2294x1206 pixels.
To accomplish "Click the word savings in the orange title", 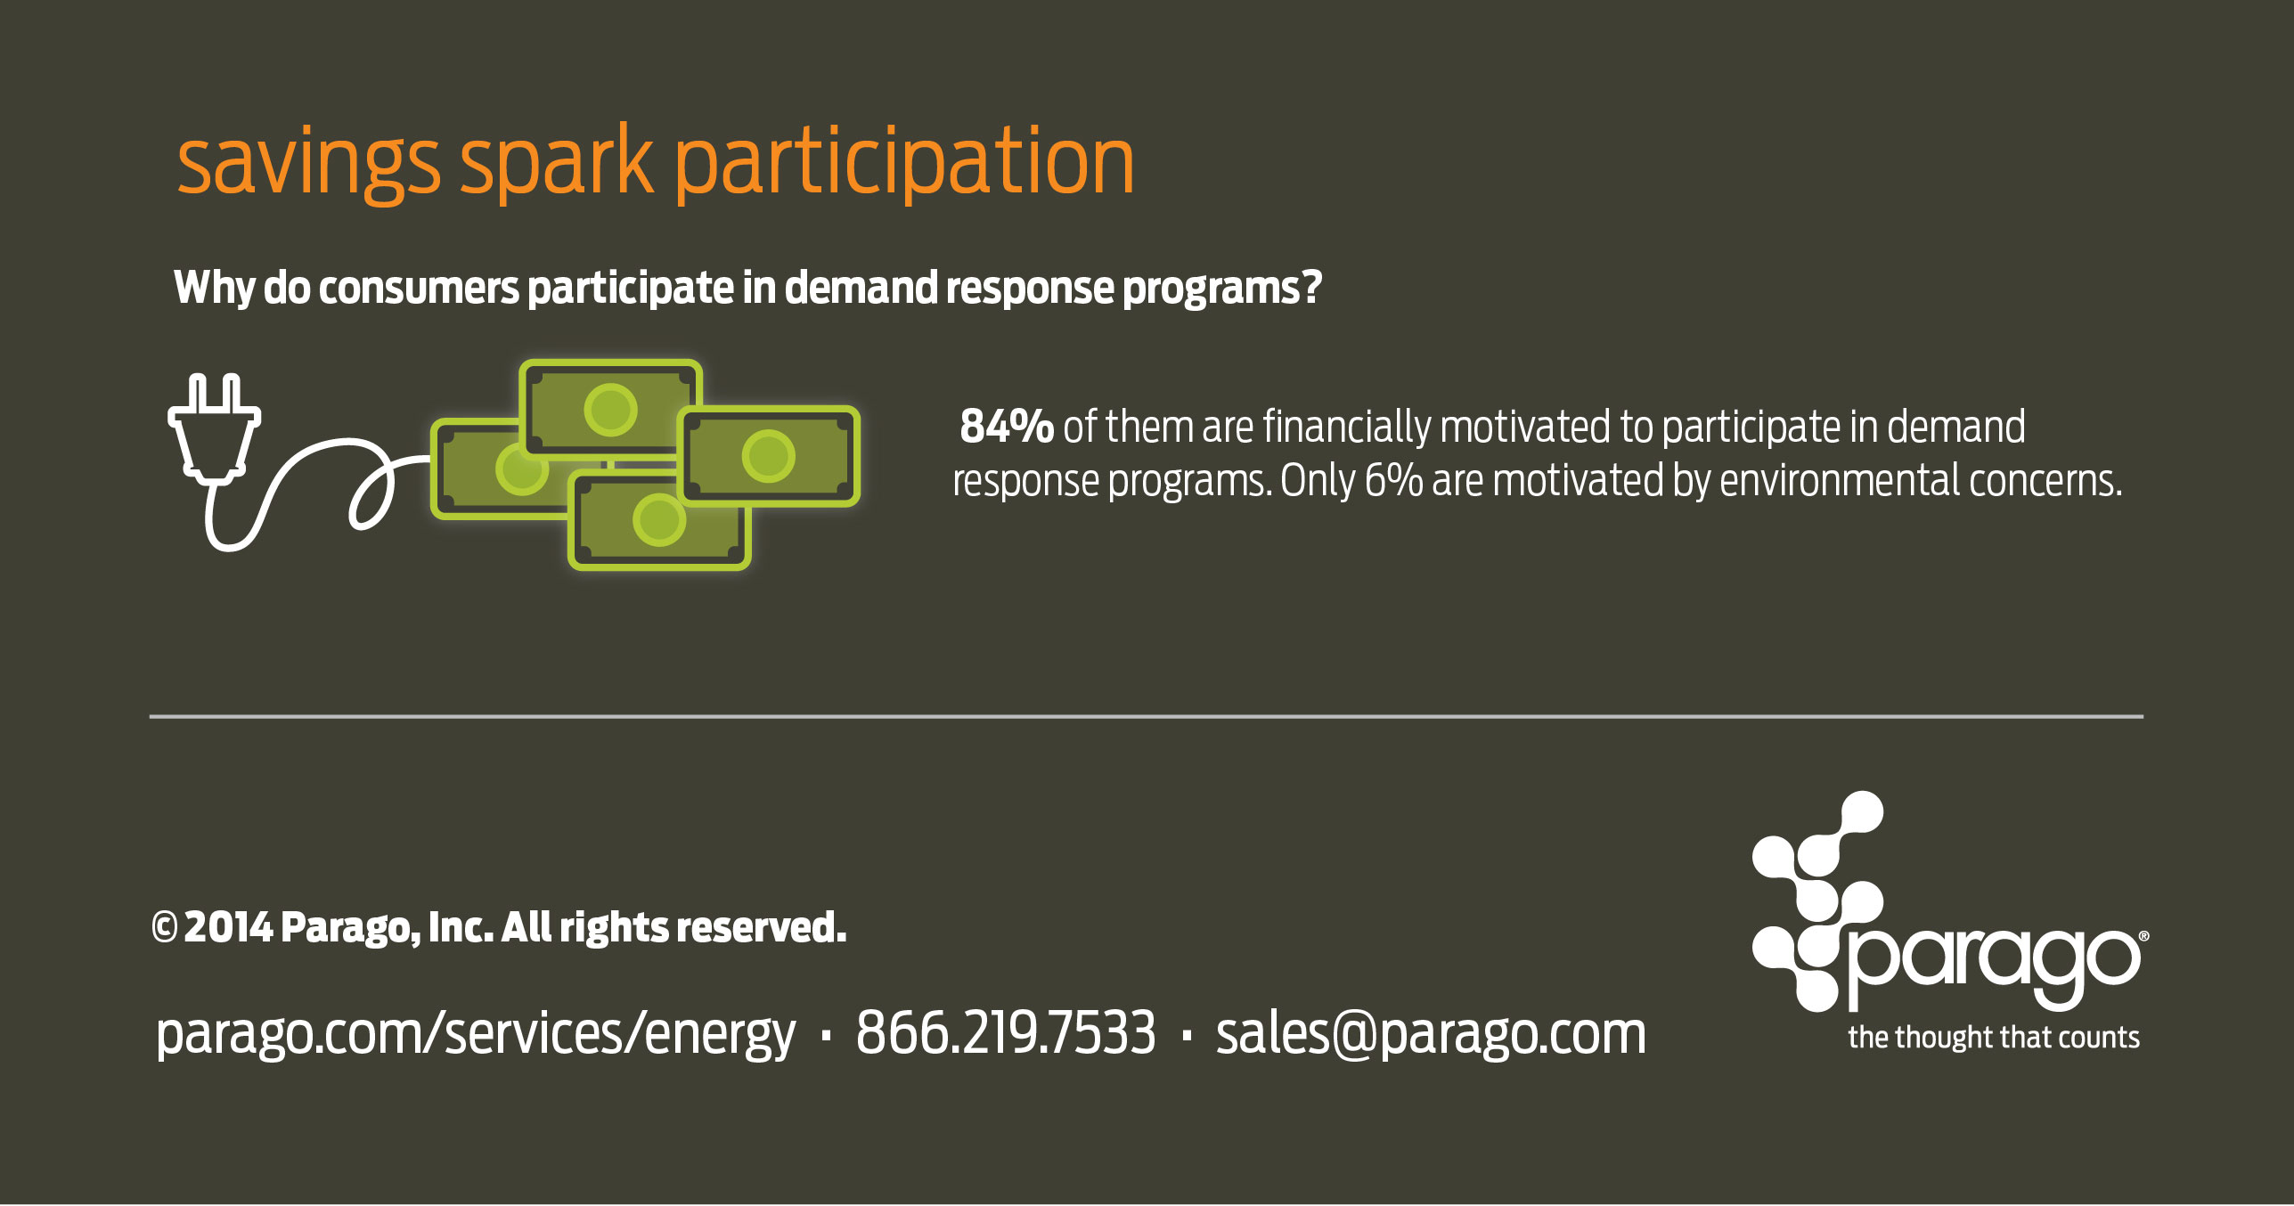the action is (308, 163).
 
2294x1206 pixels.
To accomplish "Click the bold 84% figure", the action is (1007, 427).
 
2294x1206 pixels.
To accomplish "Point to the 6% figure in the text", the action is (1393, 481).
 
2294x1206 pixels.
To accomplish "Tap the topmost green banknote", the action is (610, 409).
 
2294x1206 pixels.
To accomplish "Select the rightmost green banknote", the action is (769, 456).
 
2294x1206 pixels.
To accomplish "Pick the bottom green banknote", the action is (659, 521).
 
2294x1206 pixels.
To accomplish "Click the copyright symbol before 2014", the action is (164, 928).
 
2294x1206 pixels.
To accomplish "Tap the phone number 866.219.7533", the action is (1006, 1033).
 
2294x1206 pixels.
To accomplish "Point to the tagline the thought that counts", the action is (1994, 1038).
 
